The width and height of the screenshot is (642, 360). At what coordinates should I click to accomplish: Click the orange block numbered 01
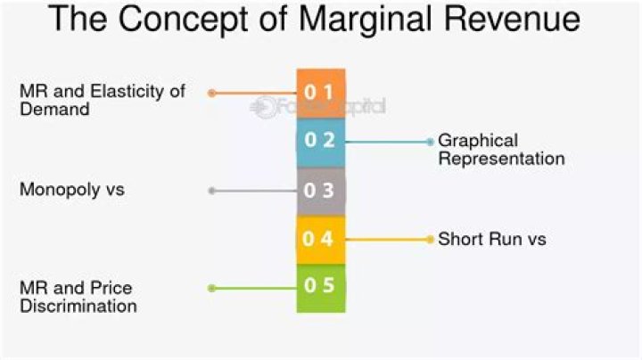(x=320, y=93)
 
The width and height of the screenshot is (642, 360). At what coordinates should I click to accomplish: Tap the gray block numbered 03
(x=320, y=191)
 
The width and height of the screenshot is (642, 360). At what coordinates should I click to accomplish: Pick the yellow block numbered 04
(x=320, y=239)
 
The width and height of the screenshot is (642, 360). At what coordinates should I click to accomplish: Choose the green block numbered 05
(x=320, y=288)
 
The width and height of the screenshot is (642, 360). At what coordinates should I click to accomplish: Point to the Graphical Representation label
(x=501, y=150)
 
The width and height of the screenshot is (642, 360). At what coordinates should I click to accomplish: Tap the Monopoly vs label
(x=72, y=190)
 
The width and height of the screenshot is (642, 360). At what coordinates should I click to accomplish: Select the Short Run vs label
(x=491, y=239)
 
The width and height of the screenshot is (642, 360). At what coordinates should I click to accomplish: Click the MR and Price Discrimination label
(x=78, y=297)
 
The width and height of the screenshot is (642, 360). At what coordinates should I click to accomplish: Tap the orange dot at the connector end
(x=211, y=93)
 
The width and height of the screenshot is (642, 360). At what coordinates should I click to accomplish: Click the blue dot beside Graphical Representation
(x=430, y=142)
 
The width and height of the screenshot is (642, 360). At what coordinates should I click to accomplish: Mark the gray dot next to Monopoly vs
(x=211, y=191)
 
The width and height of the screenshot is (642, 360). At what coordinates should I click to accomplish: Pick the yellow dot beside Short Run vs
(x=430, y=239)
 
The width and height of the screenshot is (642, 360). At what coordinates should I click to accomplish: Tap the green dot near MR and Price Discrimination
(x=211, y=288)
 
